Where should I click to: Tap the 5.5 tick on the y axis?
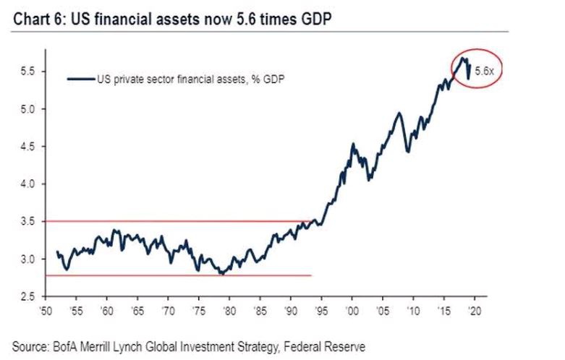pyautogui.click(x=27, y=71)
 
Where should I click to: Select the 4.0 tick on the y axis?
pyautogui.click(x=27, y=184)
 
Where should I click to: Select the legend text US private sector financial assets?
pyautogui.click(x=191, y=80)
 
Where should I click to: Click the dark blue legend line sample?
pyautogui.click(x=81, y=80)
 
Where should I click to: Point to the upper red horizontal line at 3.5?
pyautogui.click(x=181, y=221)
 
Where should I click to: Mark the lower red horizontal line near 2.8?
pyautogui.click(x=181, y=275)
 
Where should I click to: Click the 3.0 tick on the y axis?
pyautogui.click(x=27, y=258)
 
